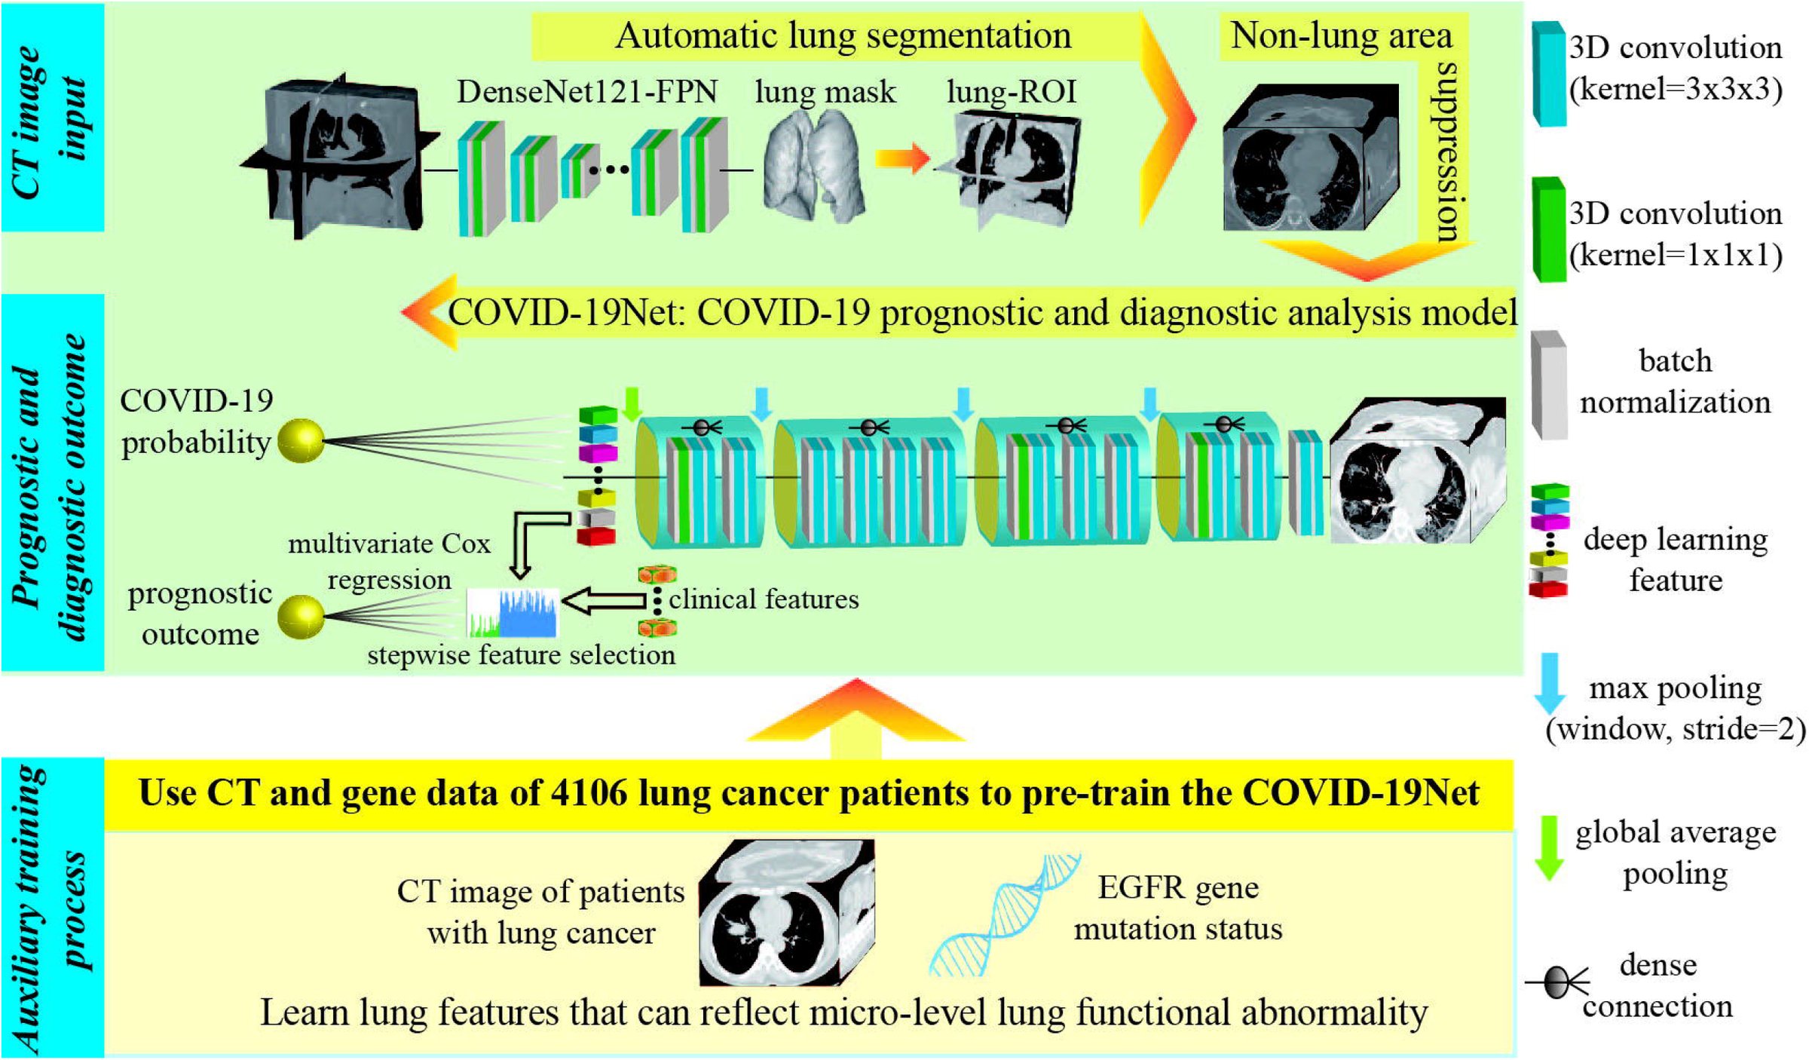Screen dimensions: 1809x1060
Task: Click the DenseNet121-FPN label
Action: pyautogui.click(x=586, y=92)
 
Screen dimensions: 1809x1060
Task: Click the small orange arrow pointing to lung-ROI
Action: pyautogui.click(x=902, y=158)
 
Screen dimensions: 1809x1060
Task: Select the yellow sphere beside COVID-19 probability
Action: pyautogui.click(x=301, y=441)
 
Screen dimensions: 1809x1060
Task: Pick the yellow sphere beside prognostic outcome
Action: pyautogui.click(x=301, y=616)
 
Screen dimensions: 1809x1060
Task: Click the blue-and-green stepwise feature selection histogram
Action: pyautogui.click(x=513, y=613)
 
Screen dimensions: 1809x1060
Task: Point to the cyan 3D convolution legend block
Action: pyautogui.click(x=1549, y=73)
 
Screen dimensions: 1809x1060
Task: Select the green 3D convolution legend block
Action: pyautogui.click(x=1549, y=229)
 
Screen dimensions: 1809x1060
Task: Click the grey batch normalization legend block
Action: pyautogui.click(x=1549, y=385)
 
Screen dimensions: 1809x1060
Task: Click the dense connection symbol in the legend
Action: pyautogui.click(x=1557, y=982)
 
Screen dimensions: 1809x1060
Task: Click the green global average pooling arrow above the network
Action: pyautogui.click(x=632, y=405)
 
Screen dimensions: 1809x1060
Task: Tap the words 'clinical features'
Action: pyautogui.click(x=764, y=599)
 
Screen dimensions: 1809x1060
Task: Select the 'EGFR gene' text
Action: pyautogui.click(x=1178, y=887)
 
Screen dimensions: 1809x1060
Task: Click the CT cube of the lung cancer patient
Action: pyautogui.click(x=786, y=912)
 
